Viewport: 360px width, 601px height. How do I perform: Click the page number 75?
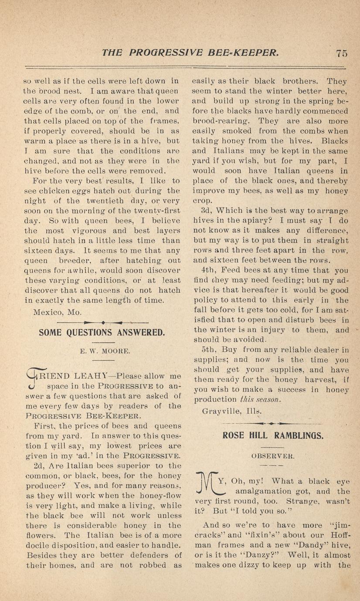pos(341,53)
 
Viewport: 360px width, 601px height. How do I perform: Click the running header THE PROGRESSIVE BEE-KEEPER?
pos(190,53)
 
